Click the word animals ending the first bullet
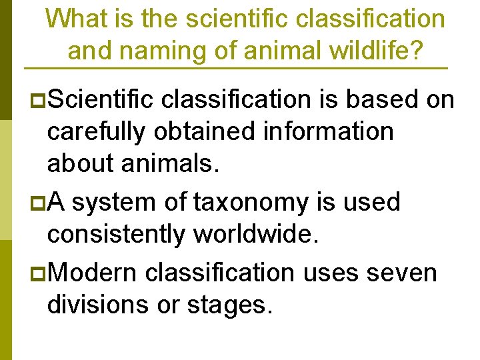coord(170,163)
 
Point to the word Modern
coord(93,272)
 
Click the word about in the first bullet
coord(83,163)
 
